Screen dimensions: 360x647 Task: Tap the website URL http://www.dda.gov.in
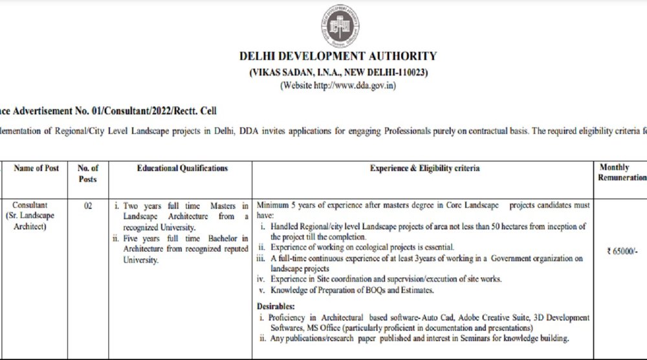pos(355,85)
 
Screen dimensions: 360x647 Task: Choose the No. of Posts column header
pos(88,174)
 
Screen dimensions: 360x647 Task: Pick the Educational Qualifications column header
pos(182,168)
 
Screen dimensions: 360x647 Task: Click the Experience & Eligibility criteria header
pos(425,168)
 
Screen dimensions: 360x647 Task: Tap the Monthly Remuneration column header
pos(623,172)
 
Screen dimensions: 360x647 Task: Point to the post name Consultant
pos(30,205)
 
